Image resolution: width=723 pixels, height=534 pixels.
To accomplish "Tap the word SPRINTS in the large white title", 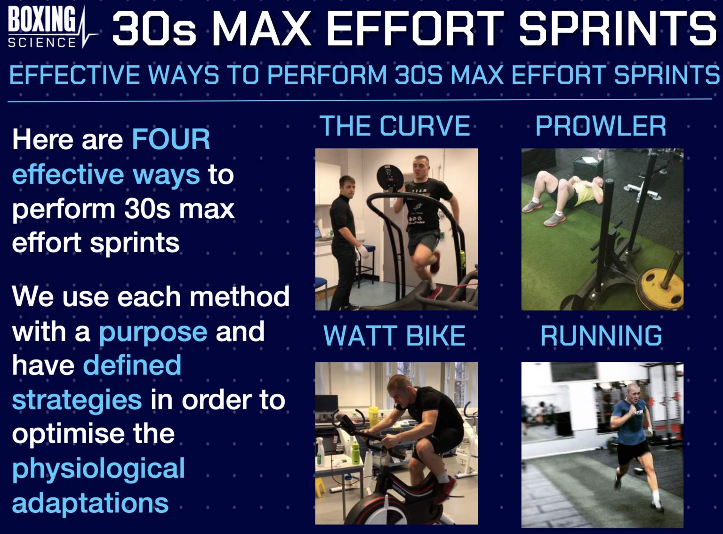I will [x=617, y=29].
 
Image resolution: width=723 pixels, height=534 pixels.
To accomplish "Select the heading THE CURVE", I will [x=395, y=126].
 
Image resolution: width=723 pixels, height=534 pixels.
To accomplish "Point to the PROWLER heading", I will [x=601, y=126].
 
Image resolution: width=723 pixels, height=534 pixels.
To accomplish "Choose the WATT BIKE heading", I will [x=394, y=336].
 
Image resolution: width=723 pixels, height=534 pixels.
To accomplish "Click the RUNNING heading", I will [x=601, y=336].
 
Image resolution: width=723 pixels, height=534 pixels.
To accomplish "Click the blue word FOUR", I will [x=171, y=139].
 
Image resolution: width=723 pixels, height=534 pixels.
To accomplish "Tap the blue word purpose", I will [x=153, y=332].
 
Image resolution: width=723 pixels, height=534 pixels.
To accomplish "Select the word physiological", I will [x=98, y=469].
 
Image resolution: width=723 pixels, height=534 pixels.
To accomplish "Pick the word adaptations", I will [x=90, y=503].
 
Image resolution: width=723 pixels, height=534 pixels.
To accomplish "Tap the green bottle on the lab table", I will [x=355, y=452].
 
